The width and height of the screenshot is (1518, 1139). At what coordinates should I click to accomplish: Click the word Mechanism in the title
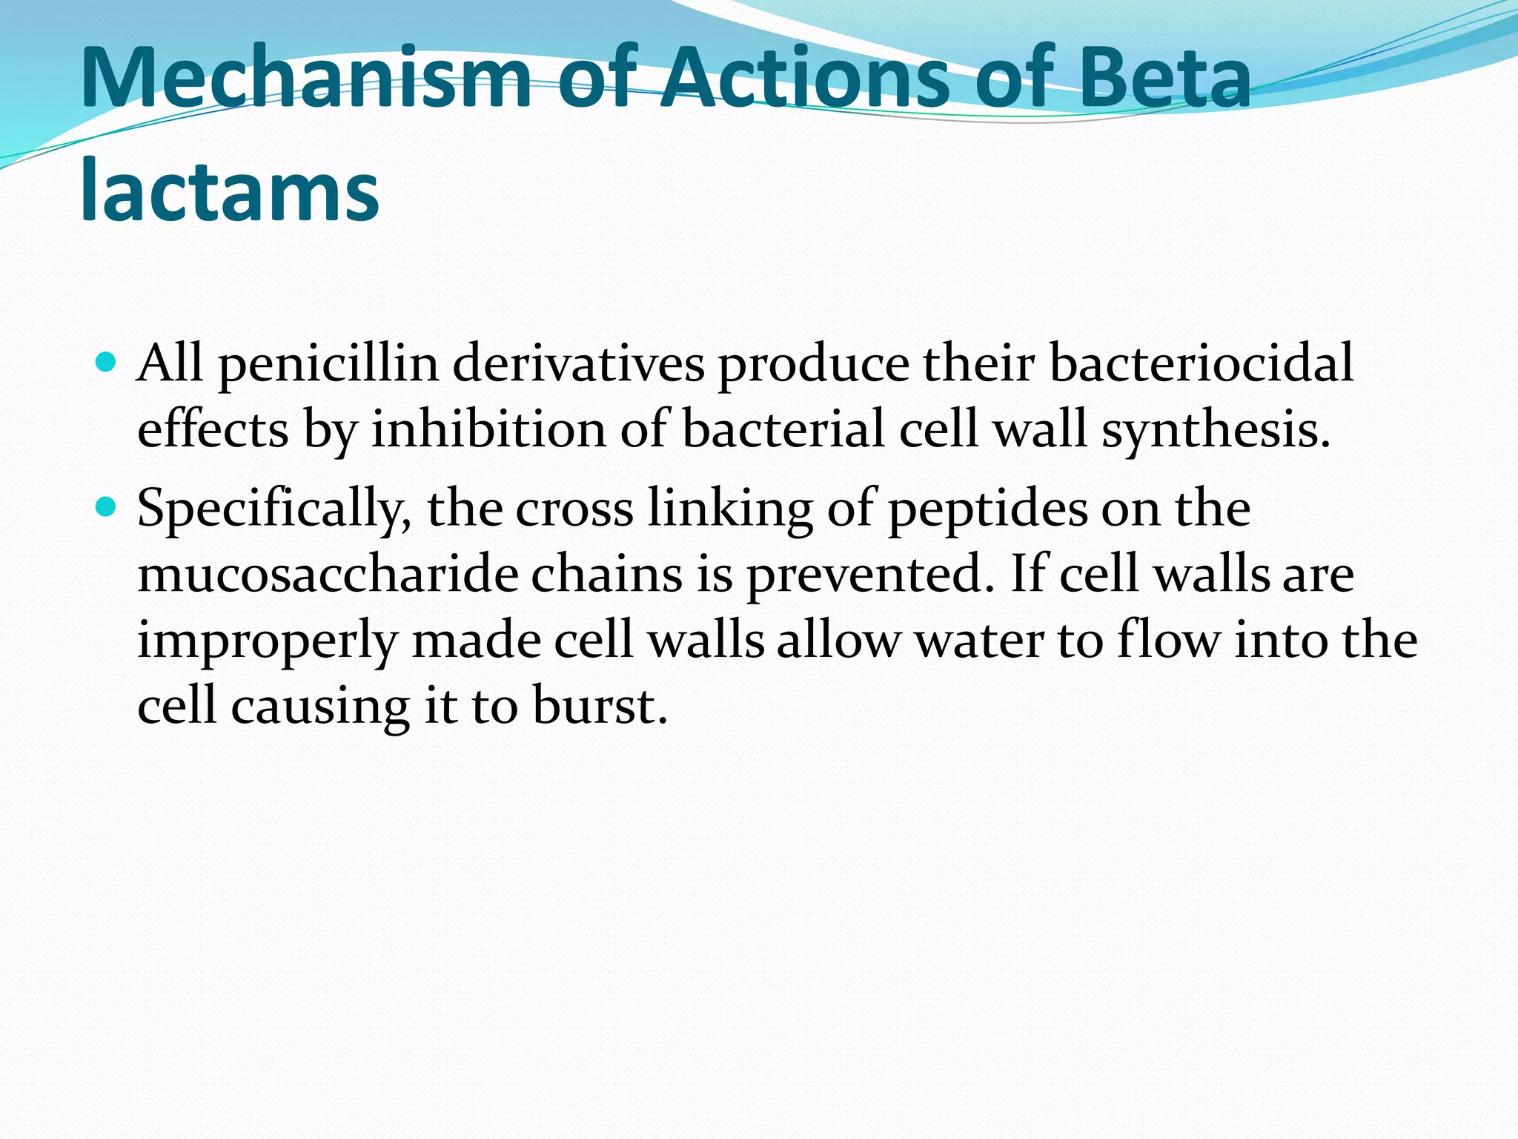click(x=305, y=78)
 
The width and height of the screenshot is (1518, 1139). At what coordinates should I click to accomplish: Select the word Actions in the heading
click(x=804, y=78)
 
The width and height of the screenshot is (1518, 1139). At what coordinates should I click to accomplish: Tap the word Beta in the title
click(x=1164, y=78)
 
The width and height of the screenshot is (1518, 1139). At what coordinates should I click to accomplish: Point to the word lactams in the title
click(x=230, y=191)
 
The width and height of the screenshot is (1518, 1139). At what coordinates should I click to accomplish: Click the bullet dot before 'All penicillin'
click(x=107, y=363)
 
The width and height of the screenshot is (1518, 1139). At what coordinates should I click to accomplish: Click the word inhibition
click(x=488, y=429)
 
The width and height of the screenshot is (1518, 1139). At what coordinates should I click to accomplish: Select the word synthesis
click(x=1216, y=431)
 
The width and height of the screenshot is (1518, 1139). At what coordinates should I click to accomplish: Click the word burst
click(x=600, y=705)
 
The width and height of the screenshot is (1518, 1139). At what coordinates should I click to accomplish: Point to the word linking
click(x=730, y=510)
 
